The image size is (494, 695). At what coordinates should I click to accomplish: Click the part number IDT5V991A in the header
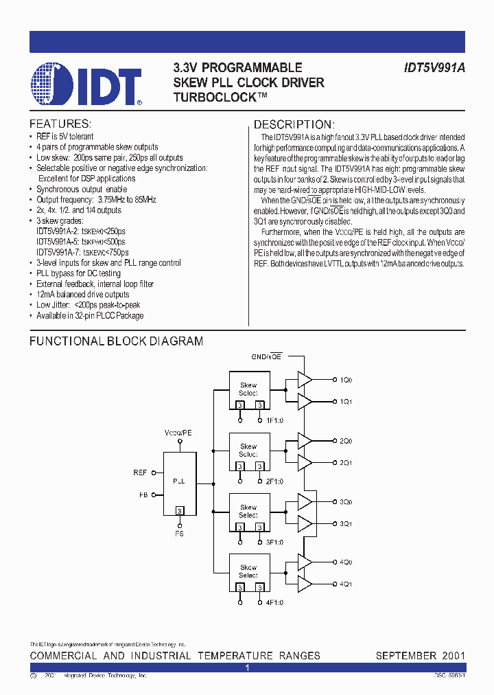click(x=430, y=68)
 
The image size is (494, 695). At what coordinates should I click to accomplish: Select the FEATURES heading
click(x=60, y=124)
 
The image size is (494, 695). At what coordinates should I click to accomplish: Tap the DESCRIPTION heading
click(x=294, y=124)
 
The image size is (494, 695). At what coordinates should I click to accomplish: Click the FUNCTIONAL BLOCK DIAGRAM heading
click(x=116, y=341)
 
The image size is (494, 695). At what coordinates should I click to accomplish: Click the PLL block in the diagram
click(x=179, y=482)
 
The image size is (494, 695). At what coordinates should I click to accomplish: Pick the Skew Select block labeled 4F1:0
click(x=248, y=573)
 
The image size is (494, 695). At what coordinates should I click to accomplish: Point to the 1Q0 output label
click(x=346, y=380)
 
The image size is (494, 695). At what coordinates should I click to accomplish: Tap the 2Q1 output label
click(x=346, y=463)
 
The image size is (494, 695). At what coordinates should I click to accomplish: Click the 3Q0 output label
click(x=346, y=502)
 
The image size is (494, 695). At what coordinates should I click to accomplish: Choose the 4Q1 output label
click(x=346, y=584)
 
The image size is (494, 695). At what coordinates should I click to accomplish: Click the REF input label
click(x=140, y=472)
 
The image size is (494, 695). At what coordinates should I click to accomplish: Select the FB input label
click(x=142, y=494)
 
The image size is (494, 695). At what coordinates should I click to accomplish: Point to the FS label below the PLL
click(x=179, y=533)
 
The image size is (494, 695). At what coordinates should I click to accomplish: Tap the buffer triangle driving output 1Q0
click(x=304, y=380)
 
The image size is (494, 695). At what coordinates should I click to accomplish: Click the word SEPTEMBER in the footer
click(x=404, y=655)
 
